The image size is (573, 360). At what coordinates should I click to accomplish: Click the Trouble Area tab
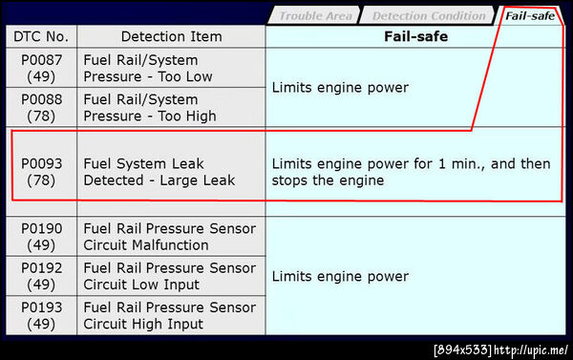click(314, 16)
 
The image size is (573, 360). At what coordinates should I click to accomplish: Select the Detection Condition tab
click(428, 16)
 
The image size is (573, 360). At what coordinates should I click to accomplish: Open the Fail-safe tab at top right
click(530, 16)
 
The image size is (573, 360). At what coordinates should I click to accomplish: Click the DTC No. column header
click(41, 36)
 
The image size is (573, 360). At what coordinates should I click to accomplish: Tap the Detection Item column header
click(171, 36)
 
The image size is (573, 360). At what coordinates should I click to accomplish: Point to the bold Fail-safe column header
click(415, 36)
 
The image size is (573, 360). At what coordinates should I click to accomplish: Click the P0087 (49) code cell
click(41, 68)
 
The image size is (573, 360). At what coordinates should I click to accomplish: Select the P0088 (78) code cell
click(41, 108)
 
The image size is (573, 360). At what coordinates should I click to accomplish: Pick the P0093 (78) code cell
click(41, 172)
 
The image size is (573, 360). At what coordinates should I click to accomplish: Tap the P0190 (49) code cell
click(41, 237)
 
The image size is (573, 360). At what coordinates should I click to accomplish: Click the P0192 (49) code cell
click(41, 276)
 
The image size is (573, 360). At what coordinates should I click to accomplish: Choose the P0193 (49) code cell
click(41, 315)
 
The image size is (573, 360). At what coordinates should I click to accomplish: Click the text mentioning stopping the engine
click(411, 172)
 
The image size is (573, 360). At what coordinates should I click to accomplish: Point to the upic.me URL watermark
click(531, 349)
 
